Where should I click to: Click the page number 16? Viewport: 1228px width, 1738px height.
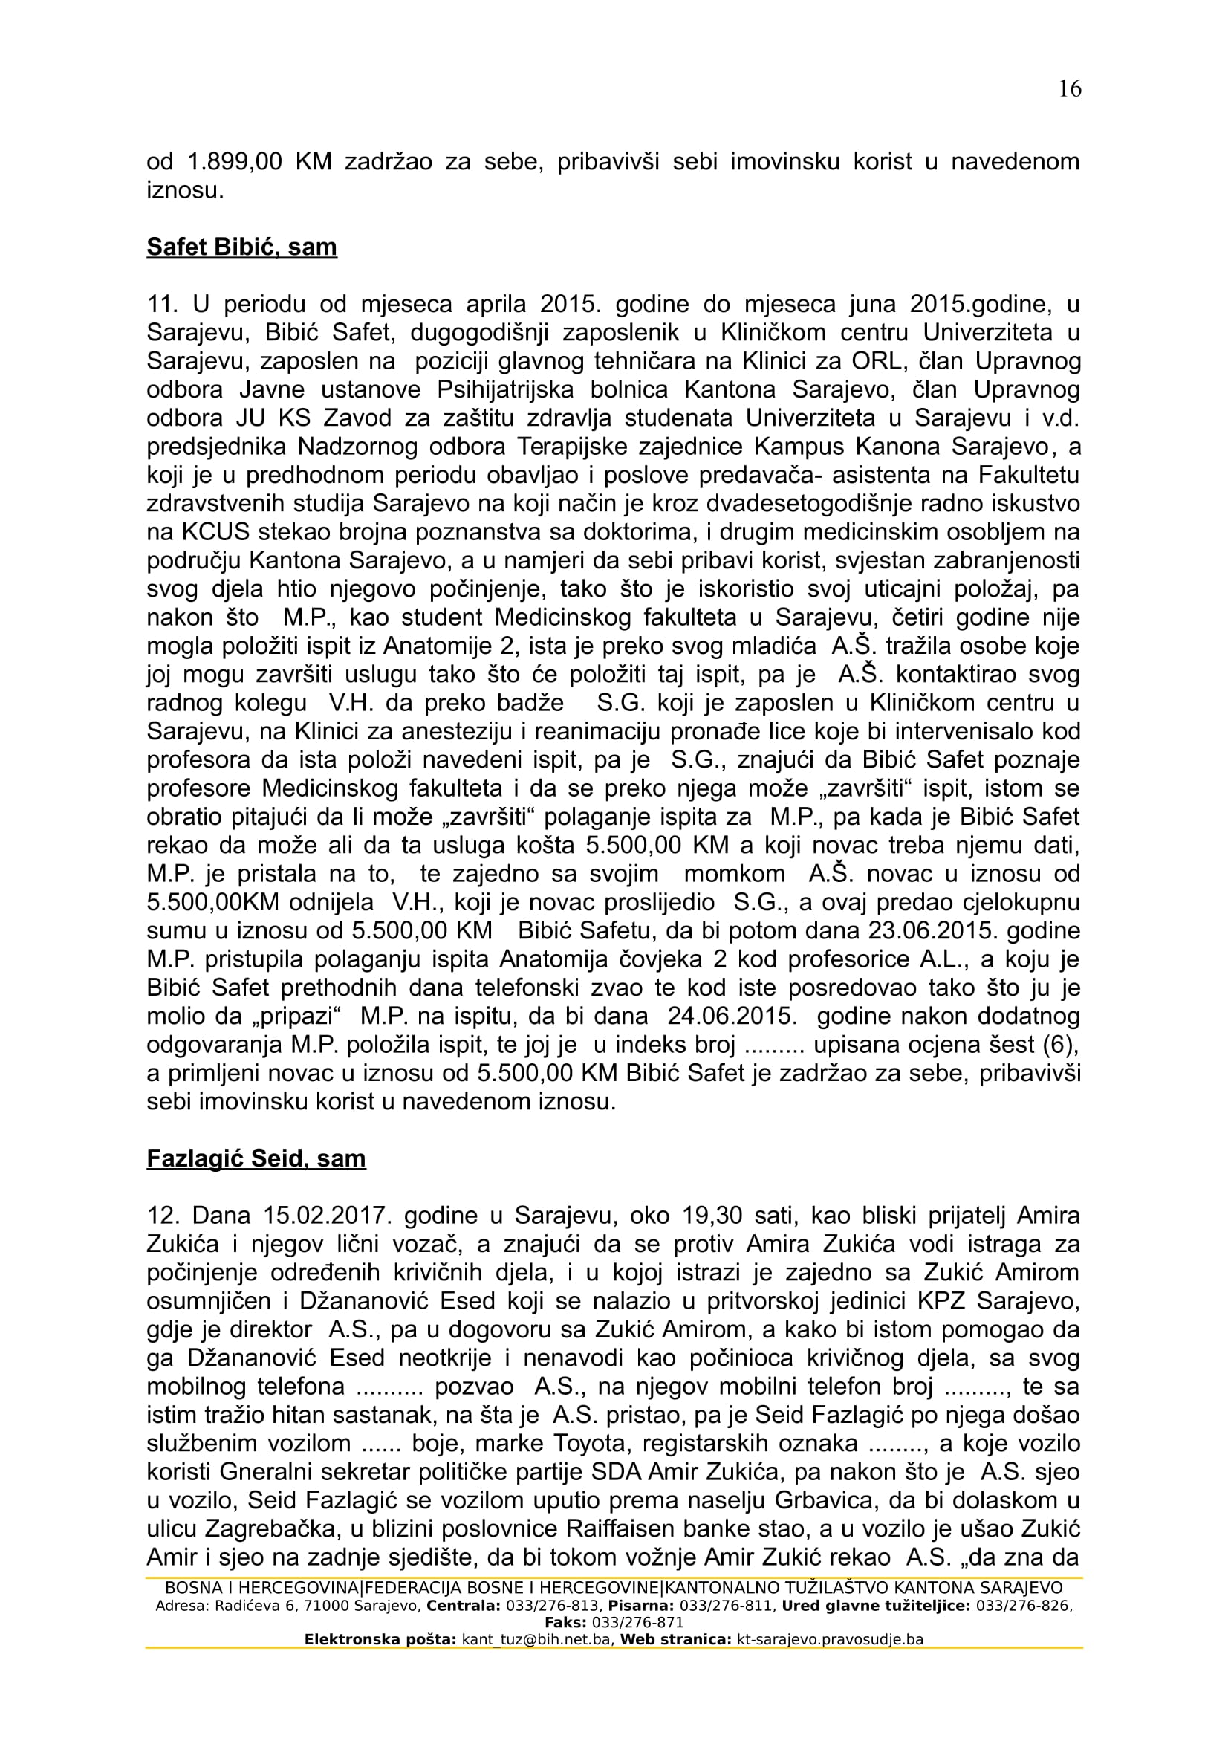coord(1070,89)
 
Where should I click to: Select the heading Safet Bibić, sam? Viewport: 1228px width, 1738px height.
coord(241,247)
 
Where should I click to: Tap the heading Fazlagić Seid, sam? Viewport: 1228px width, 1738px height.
coord(256,1158)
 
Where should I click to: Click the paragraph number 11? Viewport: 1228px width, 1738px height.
coord(161,305)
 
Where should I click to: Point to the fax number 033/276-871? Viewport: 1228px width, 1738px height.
coord(637,1623)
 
